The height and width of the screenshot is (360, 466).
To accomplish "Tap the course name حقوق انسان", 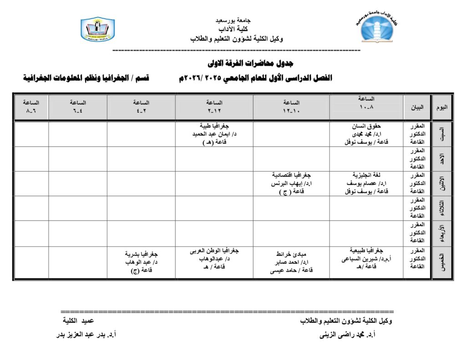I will coord(366,126).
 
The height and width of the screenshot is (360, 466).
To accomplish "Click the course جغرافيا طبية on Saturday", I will coord(214,126).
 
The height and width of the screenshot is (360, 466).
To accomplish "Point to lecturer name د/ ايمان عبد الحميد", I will coord(214,134).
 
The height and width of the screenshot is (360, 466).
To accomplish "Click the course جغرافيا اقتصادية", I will coord(291,175).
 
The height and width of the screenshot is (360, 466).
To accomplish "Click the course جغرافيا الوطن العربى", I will coord(214,251).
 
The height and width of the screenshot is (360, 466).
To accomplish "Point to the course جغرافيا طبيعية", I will coord(366,251).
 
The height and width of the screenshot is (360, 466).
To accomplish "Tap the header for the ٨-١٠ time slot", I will coord(366,103).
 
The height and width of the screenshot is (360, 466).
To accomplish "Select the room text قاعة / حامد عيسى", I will coord(291,271).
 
